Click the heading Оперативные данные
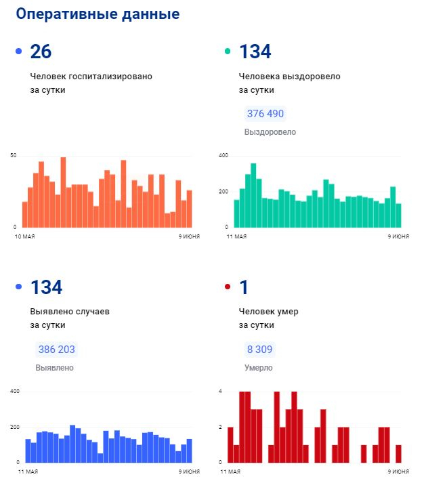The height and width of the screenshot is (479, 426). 98,14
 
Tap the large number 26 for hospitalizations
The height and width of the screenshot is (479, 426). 41,51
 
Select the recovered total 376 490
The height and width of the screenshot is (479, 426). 265,114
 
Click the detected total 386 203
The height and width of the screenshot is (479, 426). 57,350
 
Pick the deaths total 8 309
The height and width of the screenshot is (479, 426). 260,350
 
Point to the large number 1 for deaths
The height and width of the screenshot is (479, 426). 244,287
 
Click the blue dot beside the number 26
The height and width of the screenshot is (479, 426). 18,51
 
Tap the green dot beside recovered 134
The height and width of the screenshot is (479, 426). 228,51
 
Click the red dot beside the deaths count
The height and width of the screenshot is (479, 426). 228,287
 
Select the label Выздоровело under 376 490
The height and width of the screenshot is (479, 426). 270,132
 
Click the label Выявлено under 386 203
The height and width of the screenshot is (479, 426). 54,368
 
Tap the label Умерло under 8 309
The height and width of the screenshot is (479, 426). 259,368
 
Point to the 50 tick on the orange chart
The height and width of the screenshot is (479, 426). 13,156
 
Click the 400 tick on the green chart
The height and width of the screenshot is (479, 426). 223,156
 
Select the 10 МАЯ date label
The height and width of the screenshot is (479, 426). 25,237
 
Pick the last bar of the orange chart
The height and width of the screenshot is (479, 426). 190,209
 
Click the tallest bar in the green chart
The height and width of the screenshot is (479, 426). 253,195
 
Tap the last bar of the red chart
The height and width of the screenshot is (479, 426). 399,453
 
